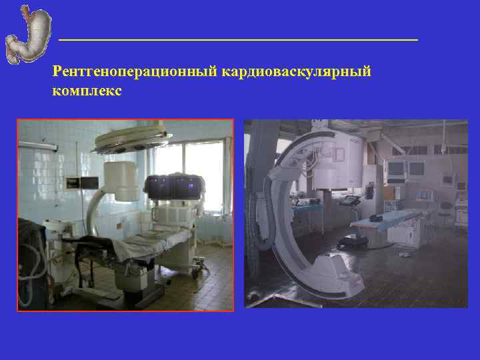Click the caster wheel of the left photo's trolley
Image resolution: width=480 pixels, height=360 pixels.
pyautogui.click(x=197, y=272)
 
